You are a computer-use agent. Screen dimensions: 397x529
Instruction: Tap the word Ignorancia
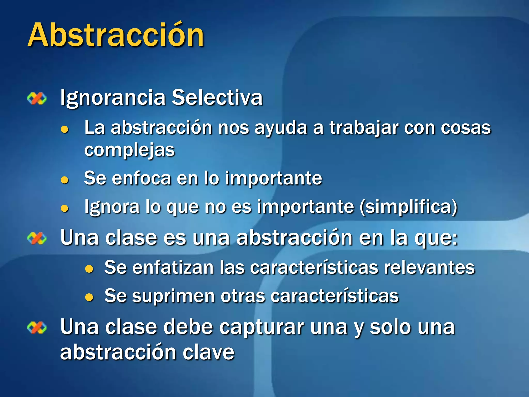pyautogui.click(x=113, y=98)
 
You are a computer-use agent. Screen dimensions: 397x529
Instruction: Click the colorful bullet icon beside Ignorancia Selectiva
pyautogui.click(x=37, y=99)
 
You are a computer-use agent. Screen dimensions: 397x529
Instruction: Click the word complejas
pyautogui.click(x=129, y=150)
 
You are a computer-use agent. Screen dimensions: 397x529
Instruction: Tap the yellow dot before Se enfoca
pyautogui.click(x=64, y=180)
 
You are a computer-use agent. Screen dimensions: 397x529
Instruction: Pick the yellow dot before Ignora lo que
pyautogui.click(x=64, y=208)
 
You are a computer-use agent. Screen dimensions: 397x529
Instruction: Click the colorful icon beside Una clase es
pyautogui.click(x=37, y=238)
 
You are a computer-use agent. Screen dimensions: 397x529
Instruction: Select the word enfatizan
pyautogui.click(x=173, y=267)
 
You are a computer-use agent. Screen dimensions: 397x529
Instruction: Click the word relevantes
pyautogui.click(x=429, y=267)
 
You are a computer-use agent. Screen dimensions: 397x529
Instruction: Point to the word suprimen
pyautogui.click(x=173, y=296)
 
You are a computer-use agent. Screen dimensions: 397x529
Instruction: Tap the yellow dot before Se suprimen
pyautogui.click(x=89, y=297)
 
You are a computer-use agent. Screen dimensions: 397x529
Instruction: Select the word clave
pyautogui.click(x=208, y=352)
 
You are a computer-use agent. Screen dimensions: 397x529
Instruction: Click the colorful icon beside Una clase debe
pyautogui.click(x=37, y=328)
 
